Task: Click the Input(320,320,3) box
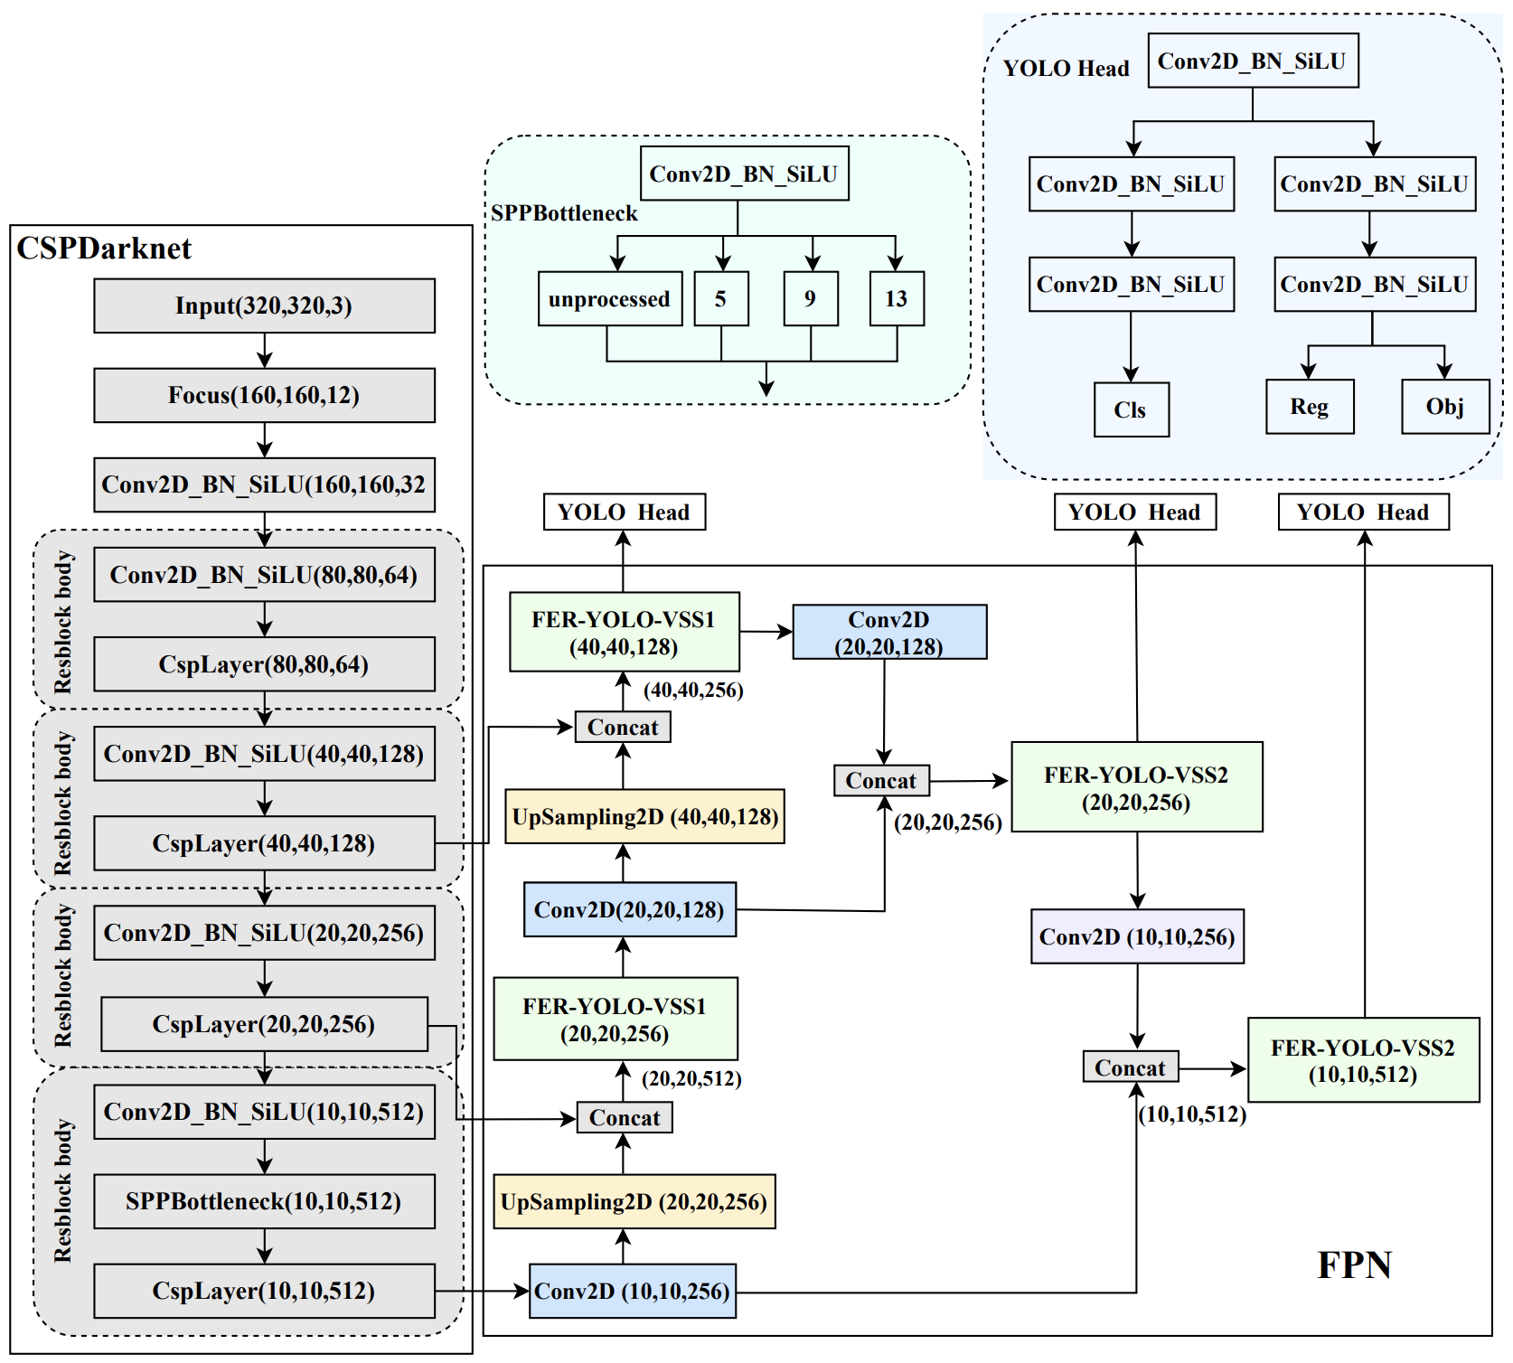click(x=264, y=305)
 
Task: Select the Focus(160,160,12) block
click(x=264, y=395)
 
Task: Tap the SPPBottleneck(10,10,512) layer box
click(x=264, y=1201)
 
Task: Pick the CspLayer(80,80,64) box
click(x=264, y=664)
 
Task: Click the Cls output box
click(x=1131, y=409)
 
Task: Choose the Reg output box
click(x=1310, y=407)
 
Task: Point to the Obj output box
click(x=1444, y=407)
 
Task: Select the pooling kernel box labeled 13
click(x=896, y=298)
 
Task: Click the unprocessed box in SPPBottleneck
click(x=609, y=298)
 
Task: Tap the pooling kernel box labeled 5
click(x=720, y=298)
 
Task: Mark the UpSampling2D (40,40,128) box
click(x=644, y=816)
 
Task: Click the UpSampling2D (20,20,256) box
click(x=634, y=1201)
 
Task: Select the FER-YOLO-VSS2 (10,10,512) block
click(x=1363, y=1060)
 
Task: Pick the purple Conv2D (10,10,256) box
click(x=1137, y=936)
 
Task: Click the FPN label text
click(x=1354, y=1264)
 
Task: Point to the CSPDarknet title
click(x=104, y=249)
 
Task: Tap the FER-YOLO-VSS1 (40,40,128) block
click(x=624, y=633)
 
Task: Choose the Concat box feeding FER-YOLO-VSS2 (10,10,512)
click(x=1130, y=1067)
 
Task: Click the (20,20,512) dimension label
click(x=691, y=1078)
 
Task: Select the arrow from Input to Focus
click(x=264, y=351)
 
